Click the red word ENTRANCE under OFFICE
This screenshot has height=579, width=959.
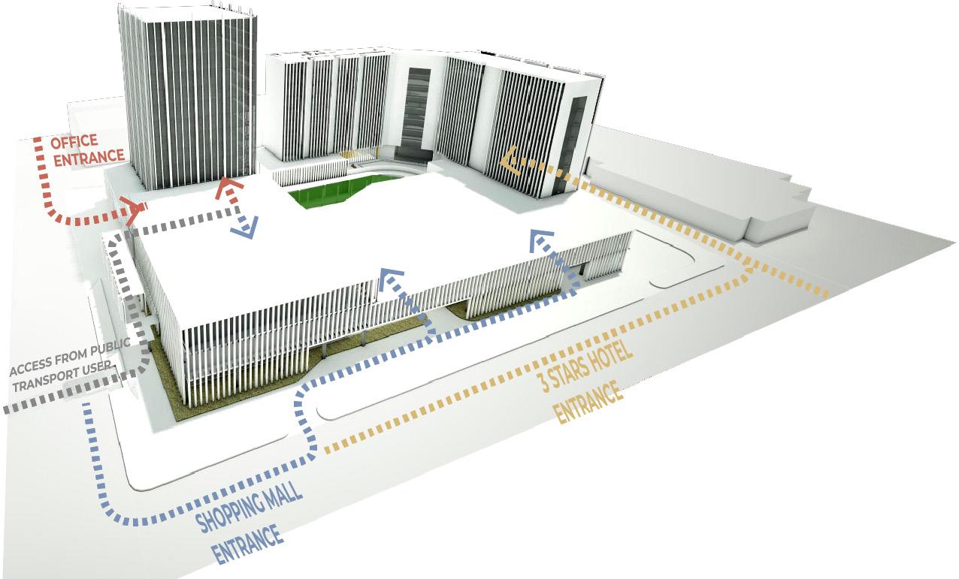pyautogui.click(x=88, y=157)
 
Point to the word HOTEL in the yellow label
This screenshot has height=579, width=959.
pyautogui.click(x=610, y=361)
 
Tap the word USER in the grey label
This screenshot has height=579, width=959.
pyautogui.click(x=102, y=367)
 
